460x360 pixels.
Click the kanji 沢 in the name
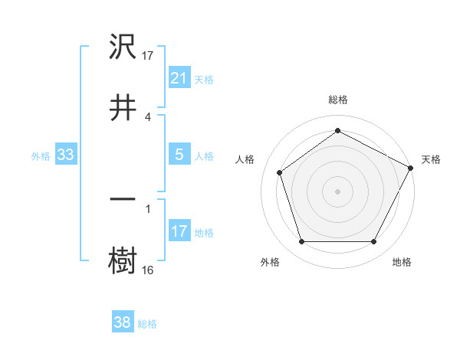123,47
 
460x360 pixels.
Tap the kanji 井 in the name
123,106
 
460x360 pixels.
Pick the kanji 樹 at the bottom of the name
123,260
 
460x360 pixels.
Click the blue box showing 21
179,77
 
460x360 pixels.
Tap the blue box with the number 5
179,155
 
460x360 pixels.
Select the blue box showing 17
179,231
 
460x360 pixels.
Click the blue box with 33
65,155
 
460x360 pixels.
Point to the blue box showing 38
123,322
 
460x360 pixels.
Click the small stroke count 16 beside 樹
149,270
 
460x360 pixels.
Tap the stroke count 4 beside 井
148,116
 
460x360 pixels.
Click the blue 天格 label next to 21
204,79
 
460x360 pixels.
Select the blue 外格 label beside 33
41,155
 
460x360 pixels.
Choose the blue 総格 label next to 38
147,324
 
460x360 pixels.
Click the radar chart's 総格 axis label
338,100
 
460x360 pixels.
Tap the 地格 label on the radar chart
402,263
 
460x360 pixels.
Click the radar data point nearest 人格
280,172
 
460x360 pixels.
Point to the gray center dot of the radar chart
338,191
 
